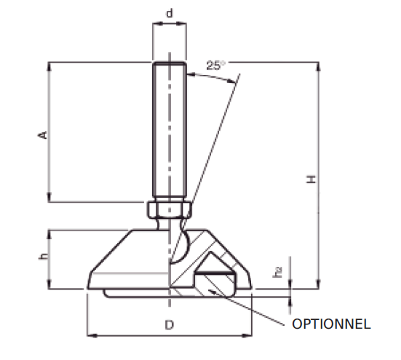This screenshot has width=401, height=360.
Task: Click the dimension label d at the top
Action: click(x=170, y=13)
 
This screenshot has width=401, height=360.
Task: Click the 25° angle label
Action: click(x=215, y=65)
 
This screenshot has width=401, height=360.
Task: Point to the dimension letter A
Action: click(x=42, y=135)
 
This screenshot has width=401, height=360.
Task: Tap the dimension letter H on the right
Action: click(x=311, y=178)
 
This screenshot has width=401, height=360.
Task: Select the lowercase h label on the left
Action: click(x=43, y=257)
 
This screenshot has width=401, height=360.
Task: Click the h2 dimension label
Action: click(x=278, y=272)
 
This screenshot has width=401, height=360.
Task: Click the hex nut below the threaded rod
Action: click(x=170, y=210)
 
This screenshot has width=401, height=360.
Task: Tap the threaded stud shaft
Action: click(x=170, y=131)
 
